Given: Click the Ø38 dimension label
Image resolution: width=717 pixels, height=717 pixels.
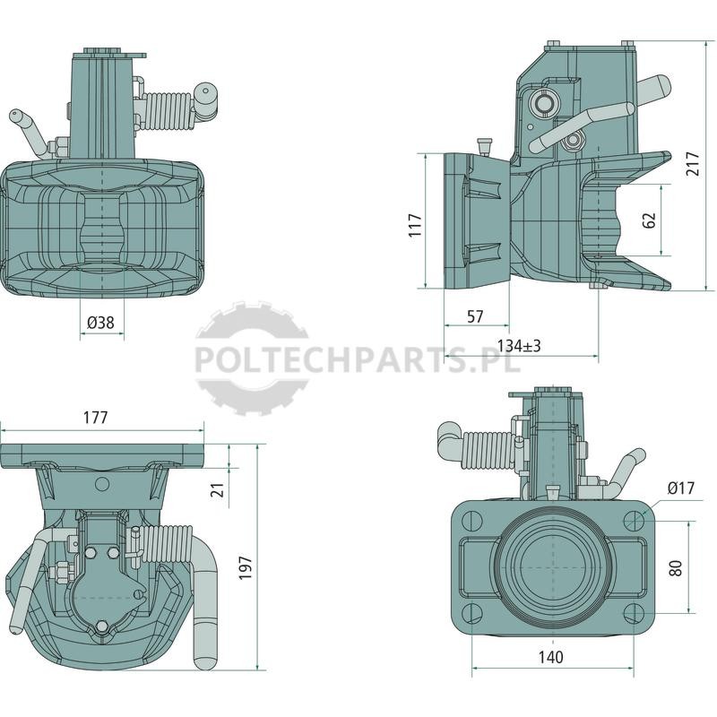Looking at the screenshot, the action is click(x=100, y=323).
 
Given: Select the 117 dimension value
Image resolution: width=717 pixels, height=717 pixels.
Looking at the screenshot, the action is click(x=415, y=225).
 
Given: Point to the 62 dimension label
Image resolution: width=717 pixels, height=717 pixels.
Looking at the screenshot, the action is click(x=649, y=220).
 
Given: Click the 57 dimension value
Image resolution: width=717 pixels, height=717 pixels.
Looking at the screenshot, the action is click(x=475, y=316).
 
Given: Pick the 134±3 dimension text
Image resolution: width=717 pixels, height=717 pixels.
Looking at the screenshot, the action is click(x=519, y=346).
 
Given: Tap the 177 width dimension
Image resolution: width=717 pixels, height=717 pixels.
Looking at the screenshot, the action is click(x=96, y=418).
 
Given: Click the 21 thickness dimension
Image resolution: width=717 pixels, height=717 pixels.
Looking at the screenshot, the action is click(x=220, y=489).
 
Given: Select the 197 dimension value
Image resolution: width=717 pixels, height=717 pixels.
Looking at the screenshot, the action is click(x=246, y=568).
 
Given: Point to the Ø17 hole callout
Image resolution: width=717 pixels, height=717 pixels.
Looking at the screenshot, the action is click(x=681, y=488).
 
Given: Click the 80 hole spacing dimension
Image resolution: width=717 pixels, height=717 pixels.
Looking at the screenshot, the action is click(x=677, y=568).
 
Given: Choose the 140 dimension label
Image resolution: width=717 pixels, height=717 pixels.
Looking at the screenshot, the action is click(x=551, y=658).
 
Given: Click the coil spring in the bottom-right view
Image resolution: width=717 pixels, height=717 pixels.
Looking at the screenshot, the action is click(x=488, y=451).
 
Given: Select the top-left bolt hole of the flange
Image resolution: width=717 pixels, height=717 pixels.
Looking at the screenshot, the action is click(x=472, y=522).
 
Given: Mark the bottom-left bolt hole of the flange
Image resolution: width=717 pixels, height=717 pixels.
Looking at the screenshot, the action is click(x=472, y=614).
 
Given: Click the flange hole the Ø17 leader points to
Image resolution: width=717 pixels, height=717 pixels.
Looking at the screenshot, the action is click(x=635, y=522).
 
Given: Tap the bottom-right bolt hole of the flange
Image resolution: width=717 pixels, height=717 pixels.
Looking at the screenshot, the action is click(x=635, y=614).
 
